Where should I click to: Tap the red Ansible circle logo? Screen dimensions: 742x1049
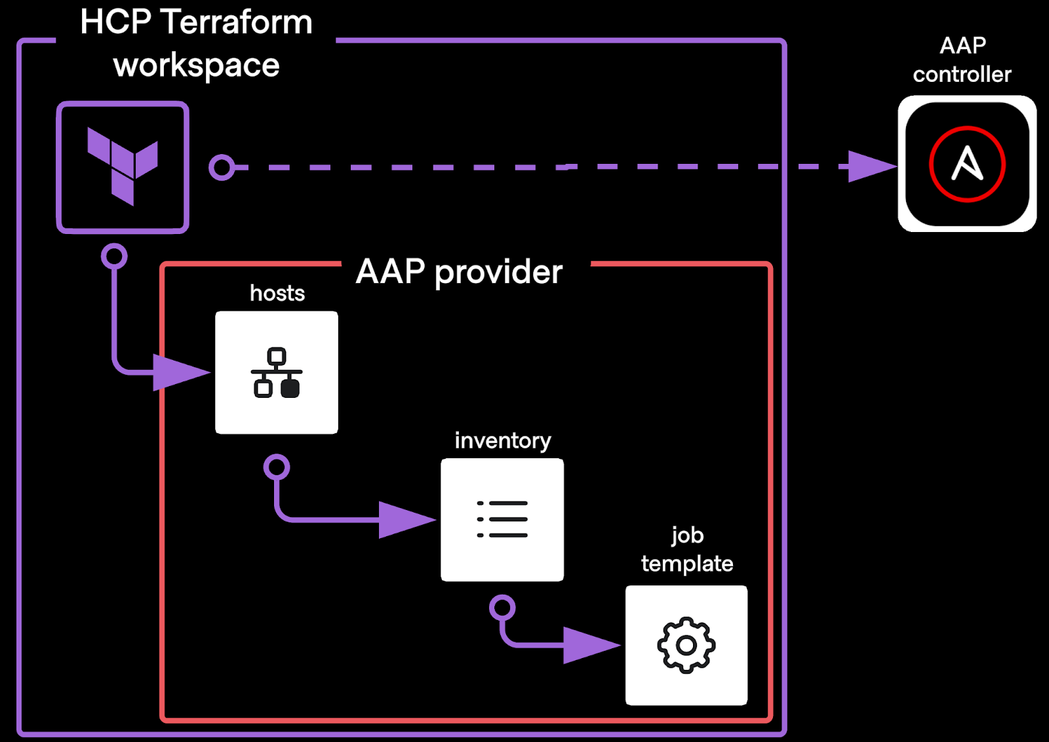pyautogui.click(x=967, y=164)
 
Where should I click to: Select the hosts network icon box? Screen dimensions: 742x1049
pyautogui.click(x=277, y=372)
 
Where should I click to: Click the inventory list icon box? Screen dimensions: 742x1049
pyautogui.click(x=502, y=519)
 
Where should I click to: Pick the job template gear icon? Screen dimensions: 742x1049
pyautogui.click(x=686, y=645)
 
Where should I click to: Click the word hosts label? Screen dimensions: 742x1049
pyautogui.click(x=277, y=293)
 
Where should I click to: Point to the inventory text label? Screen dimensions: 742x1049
pyautogui.click(x=503, y=440)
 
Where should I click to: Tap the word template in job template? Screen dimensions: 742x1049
pyautogui.click(x=687, y=564)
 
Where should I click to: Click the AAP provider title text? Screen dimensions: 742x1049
pyautogui.click(x=459, y=271)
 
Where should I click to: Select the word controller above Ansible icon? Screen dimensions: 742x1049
pyautogui.click(x=962, y=75)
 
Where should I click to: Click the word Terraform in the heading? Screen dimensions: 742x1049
pyautogui.click(x=237, y=22)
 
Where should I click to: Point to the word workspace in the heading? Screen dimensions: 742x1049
pyautogui.click(x=197, y=66)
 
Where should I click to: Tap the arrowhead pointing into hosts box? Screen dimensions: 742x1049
pyautogui.click(x=180, y=372)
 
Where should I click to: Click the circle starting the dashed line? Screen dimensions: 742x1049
pyautogui.click(x=222, y=168)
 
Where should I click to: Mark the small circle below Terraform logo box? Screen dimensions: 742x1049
pyautogui.click(x=114, y=256)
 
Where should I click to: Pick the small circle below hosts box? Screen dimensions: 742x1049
pyautogui.click(x=277, y=467)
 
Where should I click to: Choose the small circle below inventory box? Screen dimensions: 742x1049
pyautogui.click(x=502, y=608)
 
